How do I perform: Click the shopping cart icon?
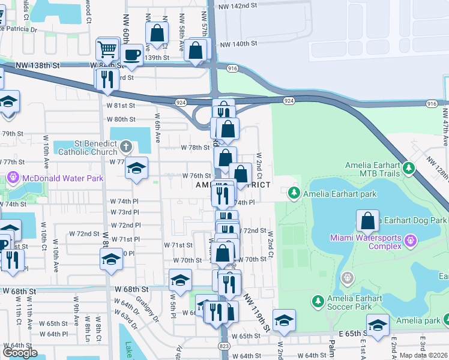click(x=107, y=49)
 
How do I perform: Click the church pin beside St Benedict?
click(x=125, y=146)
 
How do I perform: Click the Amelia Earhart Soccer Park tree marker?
click(x=318, y=300)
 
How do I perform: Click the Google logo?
click(x=20, y=353)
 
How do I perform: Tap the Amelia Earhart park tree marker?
click(x=294, y=193)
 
